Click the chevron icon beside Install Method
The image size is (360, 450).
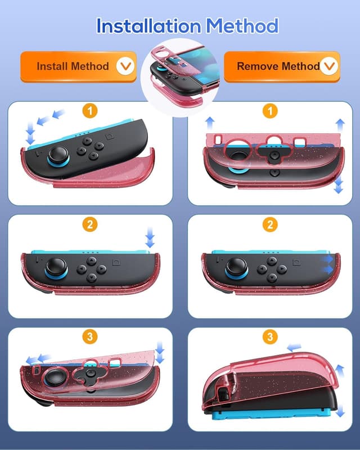(x=125, y=66)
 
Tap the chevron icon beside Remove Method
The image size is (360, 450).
(x=329, y=66)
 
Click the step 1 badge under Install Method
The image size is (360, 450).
(x=89, y=111)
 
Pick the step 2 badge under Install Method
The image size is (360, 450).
(x=89, y=224)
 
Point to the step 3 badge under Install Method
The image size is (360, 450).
(x=89, y=337)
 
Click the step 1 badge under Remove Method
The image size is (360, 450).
(x=271, y=111)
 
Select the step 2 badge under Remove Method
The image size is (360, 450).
(x=271, y=224)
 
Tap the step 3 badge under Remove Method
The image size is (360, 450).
(x=271, y=337)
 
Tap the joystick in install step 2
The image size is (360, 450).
(x=57, y=267)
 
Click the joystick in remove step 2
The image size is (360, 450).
(x=236, y=267)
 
